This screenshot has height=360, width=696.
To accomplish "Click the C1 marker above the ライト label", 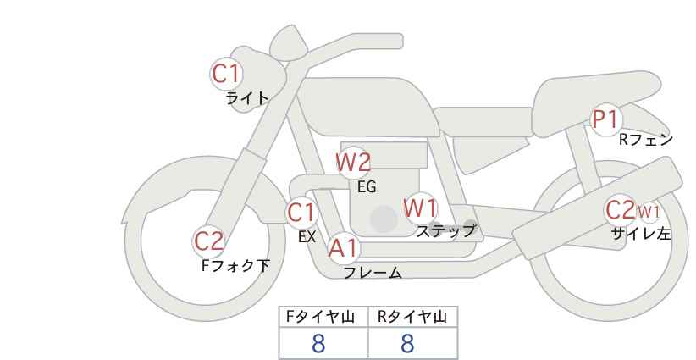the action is click(x=226, y=74).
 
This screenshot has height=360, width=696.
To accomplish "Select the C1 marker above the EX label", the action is click(x=301, y=213).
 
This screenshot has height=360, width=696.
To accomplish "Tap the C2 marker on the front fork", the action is click(x=209, y=242).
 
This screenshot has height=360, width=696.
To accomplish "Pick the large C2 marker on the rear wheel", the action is click(x=621, y=210).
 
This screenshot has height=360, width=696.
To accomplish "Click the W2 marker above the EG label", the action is click(x=353, y=163).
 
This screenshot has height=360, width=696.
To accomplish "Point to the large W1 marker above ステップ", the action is click(x=420, y=208).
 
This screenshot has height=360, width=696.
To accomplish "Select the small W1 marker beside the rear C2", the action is click(x=649, y=212).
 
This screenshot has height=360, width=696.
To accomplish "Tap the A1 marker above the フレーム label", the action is click(x=343, y=248).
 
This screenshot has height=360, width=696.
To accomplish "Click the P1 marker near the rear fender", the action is click(x=605, y=119).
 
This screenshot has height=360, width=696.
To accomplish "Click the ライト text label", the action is click(x=247, y=97).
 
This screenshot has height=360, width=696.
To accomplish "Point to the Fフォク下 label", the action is click(x=235, y=265).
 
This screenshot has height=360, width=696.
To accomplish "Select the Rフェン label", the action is click(x=646, y=140).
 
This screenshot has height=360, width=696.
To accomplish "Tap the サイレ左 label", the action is click(x=640, y=234).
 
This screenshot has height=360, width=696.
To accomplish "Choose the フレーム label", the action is click(x=373, y=273).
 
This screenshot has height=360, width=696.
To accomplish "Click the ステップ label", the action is click(x=445, y=231).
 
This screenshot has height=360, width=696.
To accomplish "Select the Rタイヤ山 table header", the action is click(x=412, y=317).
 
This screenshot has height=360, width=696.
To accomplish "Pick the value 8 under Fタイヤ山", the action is click(x=318, y=344).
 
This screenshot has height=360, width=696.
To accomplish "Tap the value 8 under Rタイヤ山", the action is click(x=407, y=344).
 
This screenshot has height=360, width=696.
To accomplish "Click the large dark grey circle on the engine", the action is click(x=384, y=219).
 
